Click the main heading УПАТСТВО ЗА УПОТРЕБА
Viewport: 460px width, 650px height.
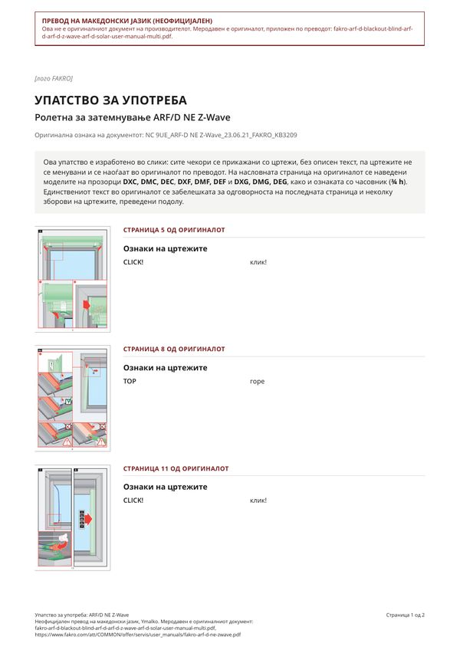tap(110, 100)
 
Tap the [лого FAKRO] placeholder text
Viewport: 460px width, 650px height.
tap(54, 78)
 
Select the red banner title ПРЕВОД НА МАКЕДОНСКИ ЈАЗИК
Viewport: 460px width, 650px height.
tap(127, 21)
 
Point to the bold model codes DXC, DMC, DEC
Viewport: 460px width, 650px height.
tap(149, 182)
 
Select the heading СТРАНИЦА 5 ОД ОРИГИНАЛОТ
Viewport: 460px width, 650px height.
tap(174, 230)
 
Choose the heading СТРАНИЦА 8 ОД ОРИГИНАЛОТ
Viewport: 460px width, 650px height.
tap(174, 349)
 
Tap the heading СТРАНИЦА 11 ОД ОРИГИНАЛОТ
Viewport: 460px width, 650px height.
tap(176, 468)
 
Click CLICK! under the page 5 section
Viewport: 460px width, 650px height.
tap(133, 262)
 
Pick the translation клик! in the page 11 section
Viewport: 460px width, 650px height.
tap(258, 501)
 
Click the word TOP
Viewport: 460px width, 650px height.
tap(130, 382)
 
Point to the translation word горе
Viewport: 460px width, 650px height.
tap(257, 382)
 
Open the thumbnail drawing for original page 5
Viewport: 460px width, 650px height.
tap(73, 279)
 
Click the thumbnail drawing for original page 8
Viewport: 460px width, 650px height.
tap(73, 399)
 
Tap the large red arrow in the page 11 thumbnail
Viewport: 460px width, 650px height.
tap(87, 519)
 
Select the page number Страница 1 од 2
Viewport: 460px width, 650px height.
tap(406, 616)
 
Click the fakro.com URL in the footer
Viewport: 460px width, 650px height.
tap(138, 635)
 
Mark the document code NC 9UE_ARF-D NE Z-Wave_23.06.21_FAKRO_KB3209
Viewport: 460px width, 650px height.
tap(221, 135)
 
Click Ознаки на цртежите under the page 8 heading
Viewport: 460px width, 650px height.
tap(165, 368)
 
